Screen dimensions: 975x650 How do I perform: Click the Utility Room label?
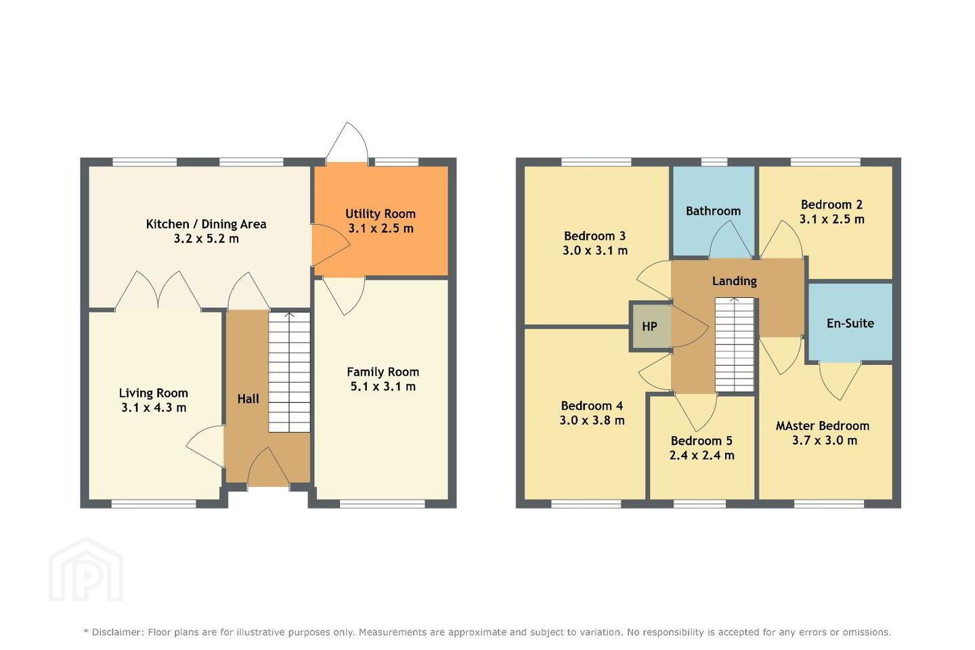(x=381, y=214)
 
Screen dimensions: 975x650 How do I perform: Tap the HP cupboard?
(x=650, y=326)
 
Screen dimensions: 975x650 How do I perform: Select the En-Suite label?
(x=850, y=323)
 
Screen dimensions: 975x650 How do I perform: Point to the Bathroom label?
(x=713, y=211)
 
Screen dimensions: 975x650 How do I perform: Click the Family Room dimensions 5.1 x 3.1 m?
(x=383, y=386)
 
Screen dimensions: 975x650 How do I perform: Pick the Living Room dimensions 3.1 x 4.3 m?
(x=154, y=408)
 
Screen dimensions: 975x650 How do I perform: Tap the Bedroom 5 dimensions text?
(x=701, y=456)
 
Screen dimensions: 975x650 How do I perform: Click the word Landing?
(x=734, y=281)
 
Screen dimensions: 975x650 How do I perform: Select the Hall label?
(x=248, y=399)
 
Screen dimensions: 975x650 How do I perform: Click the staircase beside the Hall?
(x=289, y=372)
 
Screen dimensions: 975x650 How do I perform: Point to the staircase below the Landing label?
(x=734, y=345)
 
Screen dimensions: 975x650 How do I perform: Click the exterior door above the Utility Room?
(x=347, y=143)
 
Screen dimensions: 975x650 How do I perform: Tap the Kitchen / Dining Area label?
(x=206, y=224)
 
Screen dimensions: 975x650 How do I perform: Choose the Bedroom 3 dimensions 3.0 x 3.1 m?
(x=595, y=251)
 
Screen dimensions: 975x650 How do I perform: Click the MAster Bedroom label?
(x=822, y=426)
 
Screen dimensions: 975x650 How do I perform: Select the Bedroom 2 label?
(x=831, y=204)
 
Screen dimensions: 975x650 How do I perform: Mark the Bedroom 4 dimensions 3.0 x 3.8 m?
(x=592, y=420)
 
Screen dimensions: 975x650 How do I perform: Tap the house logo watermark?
(x=86, y=569)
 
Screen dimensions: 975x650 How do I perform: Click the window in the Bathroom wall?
(x=714, y=162)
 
